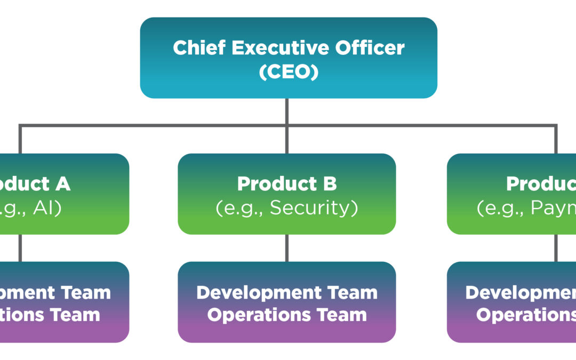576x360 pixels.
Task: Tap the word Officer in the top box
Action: click(370, 48)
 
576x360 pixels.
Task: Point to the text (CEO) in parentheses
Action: click(289, 71)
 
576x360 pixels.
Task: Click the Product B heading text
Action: click(287, 184)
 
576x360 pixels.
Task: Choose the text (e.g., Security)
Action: click(287, 208)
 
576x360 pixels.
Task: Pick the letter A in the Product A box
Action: click(62, 184)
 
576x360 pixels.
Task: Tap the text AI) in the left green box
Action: click(47, 208)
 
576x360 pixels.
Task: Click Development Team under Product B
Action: click(287, 292)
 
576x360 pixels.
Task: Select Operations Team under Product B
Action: click(287, 315)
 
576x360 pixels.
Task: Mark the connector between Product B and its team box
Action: click(287, 248)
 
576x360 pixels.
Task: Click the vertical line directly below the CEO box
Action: click(287, 111)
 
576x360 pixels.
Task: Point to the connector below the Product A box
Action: click(20, 248)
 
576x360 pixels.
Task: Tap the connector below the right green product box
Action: click(556, 248)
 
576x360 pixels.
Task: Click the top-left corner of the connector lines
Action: click(20, 126)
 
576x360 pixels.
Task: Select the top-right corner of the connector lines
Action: click(556, 126)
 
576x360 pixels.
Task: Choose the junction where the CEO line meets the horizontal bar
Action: click(287, 126)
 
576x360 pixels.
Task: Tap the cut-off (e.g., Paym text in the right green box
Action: click(525, 208)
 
